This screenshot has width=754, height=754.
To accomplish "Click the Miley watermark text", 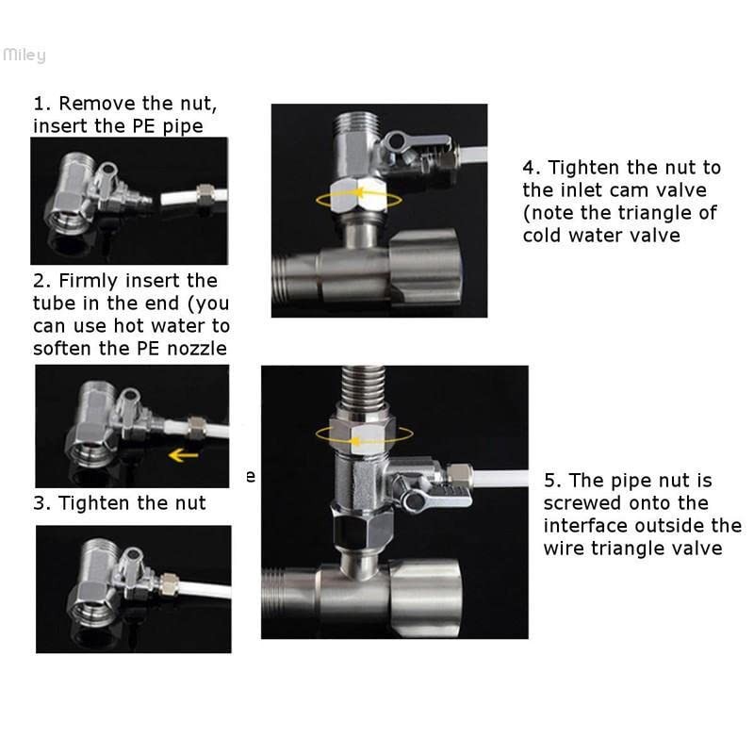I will pos(24,56).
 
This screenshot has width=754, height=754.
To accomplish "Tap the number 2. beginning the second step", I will pos(41,281).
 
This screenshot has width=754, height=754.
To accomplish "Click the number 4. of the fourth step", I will pos(533,168).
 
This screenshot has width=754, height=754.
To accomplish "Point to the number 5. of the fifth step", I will pos(553,481).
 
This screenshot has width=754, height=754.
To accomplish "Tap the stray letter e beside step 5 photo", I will pos(251,477).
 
